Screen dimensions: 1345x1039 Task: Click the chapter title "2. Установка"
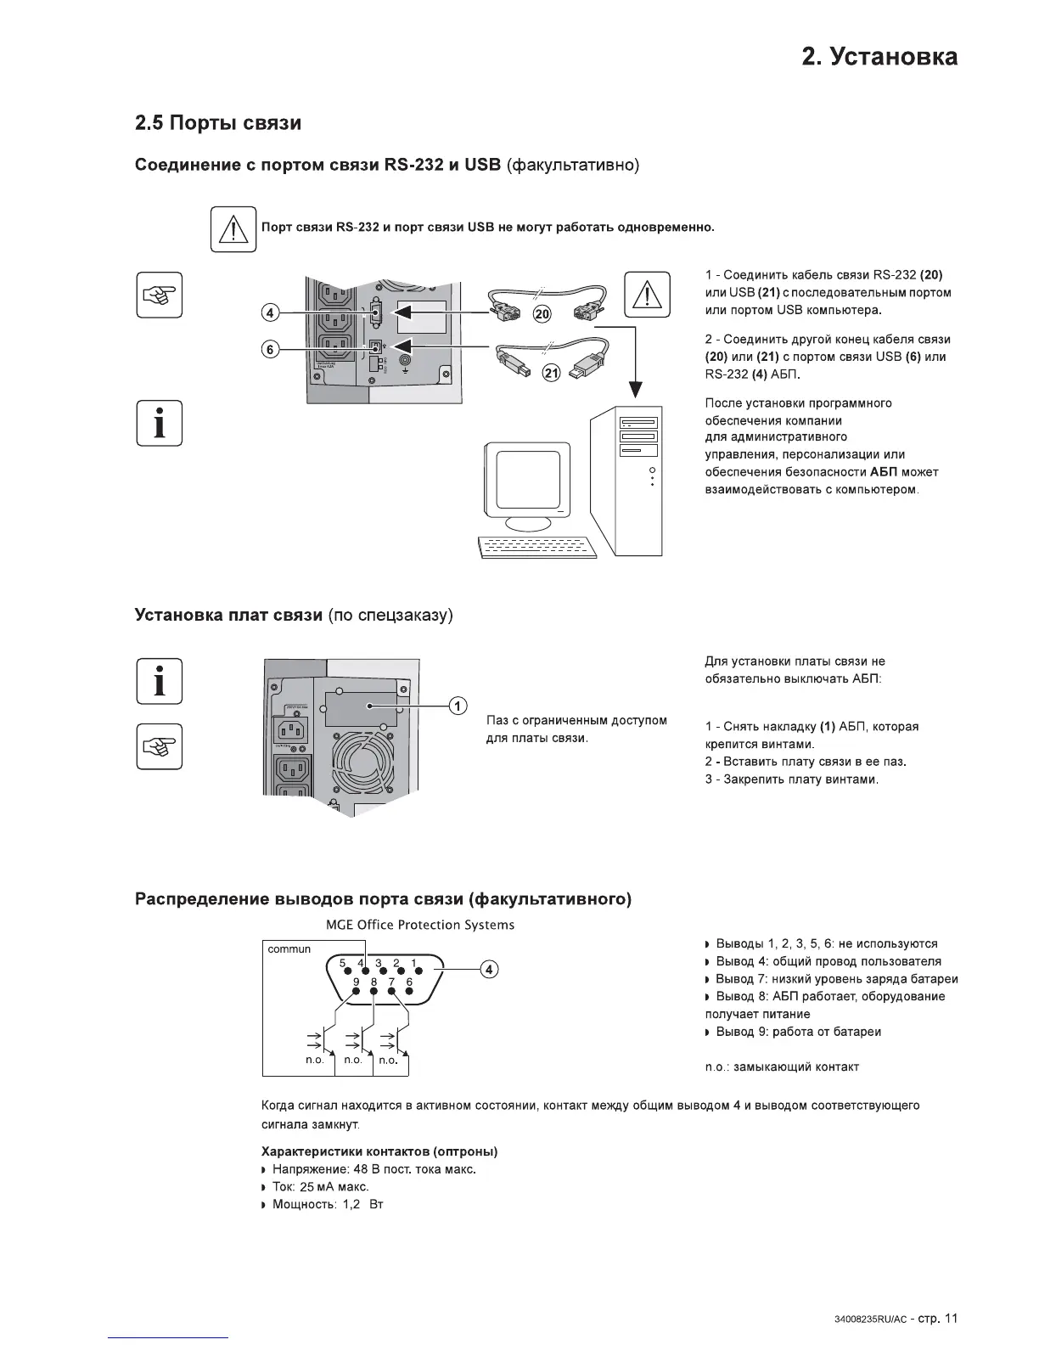pyautogui.click(x=879, y=57)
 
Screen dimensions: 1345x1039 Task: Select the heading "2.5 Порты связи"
pyautogui.click(x=218, y=123)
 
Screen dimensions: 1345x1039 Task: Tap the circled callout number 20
pyautogui.click(x=541, y=314)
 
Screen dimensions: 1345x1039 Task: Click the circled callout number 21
pyautogui.click(x=551, y=373)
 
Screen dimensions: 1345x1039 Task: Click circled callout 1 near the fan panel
pyautogui.click(x=458, y=706)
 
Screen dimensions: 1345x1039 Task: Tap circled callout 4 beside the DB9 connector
pyautogui.click(x=490, y=970)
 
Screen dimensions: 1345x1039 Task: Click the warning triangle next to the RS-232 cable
pyautogui.click(x=647, y=295)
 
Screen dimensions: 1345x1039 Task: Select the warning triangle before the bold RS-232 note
pyautogui.click(x=233, y=229)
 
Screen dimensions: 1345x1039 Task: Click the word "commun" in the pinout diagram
pyautogui.click(x=289, y=949)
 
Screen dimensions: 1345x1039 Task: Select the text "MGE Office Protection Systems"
pyautogui.click(x=420, y=925)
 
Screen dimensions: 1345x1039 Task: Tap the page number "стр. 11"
pyautogui.click(x=938, y=1319)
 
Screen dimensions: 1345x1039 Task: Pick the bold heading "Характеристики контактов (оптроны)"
pyautogui.click(x=379, y=1151)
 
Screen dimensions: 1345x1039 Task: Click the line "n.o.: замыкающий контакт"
pyautogui.click(x=782, y=1066)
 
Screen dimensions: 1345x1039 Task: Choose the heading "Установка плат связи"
pyautogui.click(x=228, y=615)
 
